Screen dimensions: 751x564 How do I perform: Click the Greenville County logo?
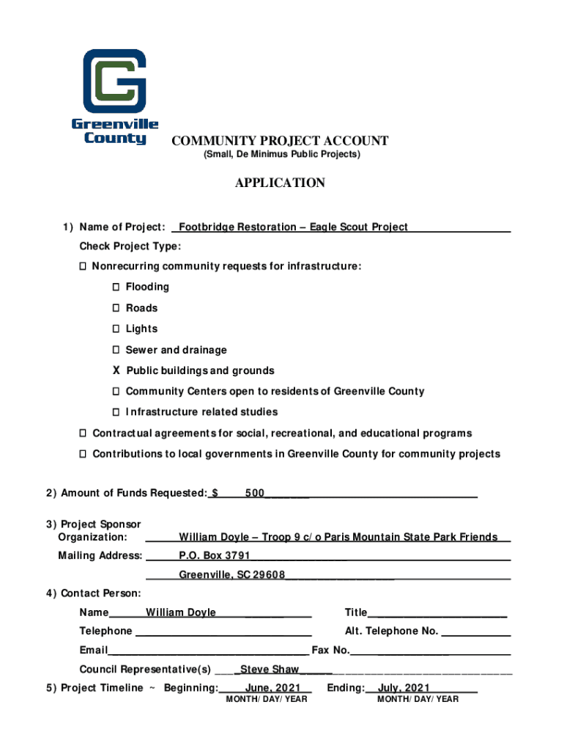[114, 96]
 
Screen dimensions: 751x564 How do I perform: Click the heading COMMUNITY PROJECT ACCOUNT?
[280, 141]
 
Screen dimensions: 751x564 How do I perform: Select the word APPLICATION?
[280, 183]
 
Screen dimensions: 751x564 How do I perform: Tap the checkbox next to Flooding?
[116, 287]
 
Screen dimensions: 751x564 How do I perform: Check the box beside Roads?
[116, 308]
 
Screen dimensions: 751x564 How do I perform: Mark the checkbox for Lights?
[116, 329]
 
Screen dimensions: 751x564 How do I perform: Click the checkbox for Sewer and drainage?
[116, 350]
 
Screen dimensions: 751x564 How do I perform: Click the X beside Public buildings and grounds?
[116, 370]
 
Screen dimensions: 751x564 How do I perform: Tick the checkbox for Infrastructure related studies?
[116, 412]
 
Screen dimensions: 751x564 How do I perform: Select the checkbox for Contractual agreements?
[84, 433]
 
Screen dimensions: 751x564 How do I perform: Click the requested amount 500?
[255, 494]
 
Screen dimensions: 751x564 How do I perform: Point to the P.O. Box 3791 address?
[215, 555]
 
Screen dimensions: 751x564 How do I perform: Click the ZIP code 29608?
[269, 575]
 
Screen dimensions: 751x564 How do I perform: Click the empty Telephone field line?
[223, 631]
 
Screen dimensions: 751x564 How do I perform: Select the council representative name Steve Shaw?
[270, 669]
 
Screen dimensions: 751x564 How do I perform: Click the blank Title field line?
[437, 613]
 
